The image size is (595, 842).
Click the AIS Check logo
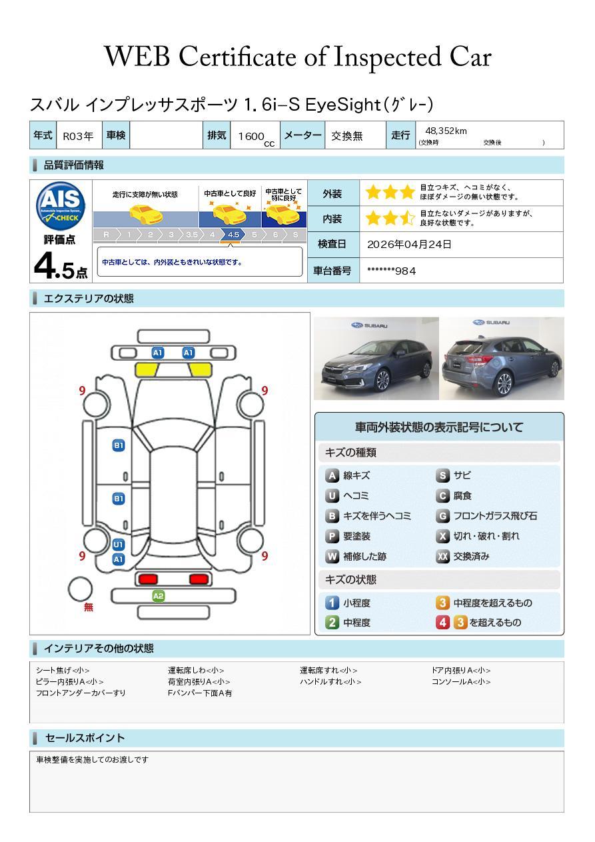coord(61,205)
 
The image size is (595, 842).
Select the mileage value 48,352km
coord(446,131)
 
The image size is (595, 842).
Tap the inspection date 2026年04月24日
coord(409,245)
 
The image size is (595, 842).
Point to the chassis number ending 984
coord(391,271)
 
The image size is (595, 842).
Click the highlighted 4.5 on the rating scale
coord(233,235)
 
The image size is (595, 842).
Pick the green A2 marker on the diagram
coord(158,596)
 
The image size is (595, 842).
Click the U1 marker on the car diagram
coord(119,544)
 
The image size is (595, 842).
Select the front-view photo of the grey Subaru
coord(376,358)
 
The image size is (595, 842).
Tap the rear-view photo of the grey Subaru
coord(502,358)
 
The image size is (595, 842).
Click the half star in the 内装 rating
coord(407,218)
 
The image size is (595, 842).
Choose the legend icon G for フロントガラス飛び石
coord(442,516)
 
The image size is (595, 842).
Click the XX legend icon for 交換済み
coord(442,556)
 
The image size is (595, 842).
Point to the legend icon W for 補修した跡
coord(332,556)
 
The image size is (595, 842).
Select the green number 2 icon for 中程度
coord(332,623)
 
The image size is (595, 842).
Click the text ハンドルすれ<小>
coord(330,681)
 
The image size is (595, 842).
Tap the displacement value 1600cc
coord(256,137)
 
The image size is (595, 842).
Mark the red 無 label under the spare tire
coord(89,607)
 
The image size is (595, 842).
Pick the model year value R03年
coord(78,136)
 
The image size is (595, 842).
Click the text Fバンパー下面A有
coord(200,693)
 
